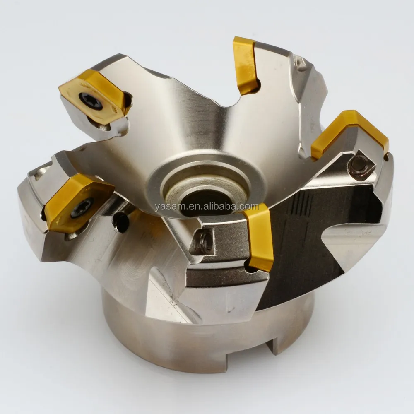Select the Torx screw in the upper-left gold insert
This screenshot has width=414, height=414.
[91, 101]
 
